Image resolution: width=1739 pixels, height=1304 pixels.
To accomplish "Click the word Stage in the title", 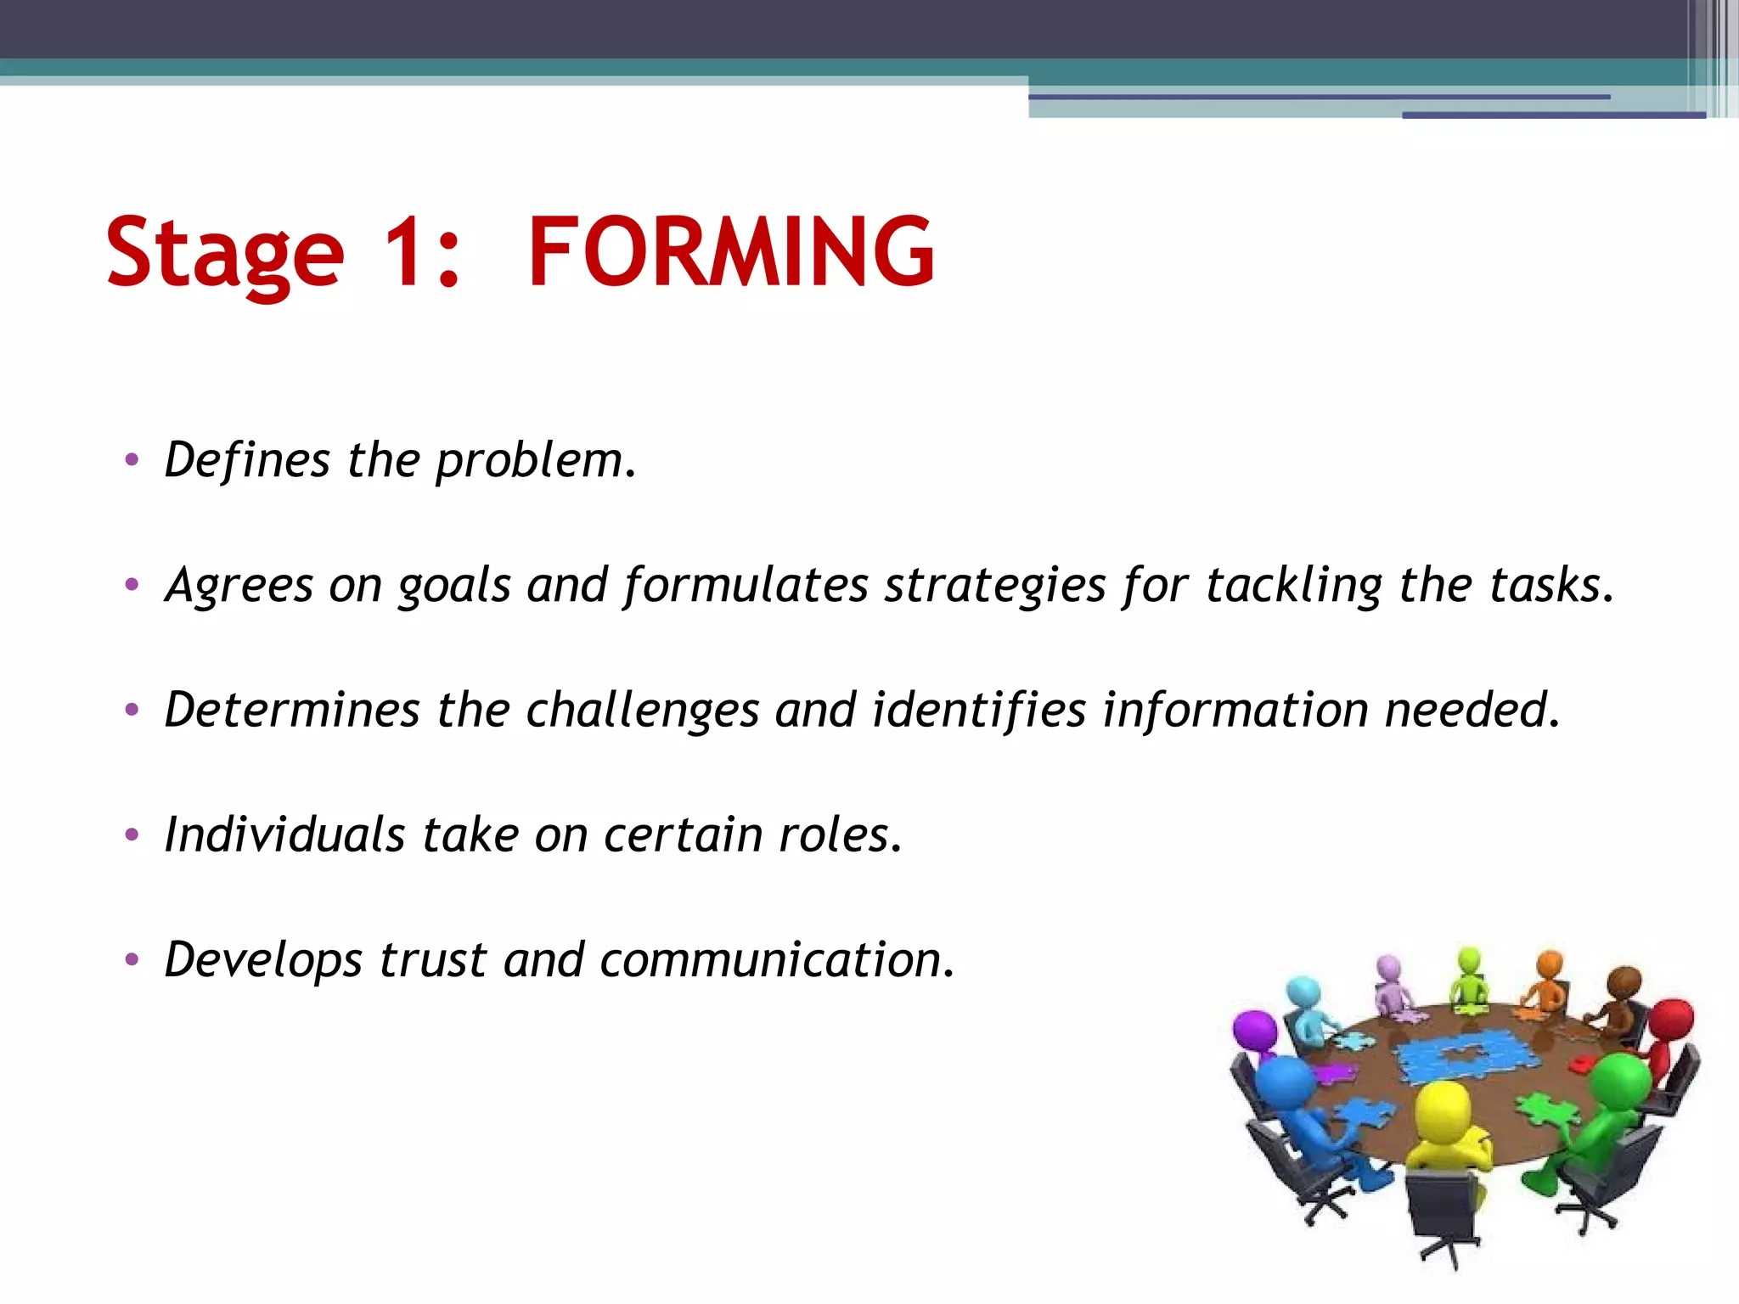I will pyautogui.click(x=224, y=253).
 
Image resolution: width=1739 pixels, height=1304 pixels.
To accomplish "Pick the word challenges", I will pyautogui.click(x=642, y=711).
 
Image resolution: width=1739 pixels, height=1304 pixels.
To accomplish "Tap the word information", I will pyautogui.click(x=1235, y=711).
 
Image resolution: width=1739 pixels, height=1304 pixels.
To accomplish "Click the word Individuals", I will pyautogui.click(x=284, y=834).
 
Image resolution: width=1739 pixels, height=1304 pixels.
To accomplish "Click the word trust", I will pyautogui.click(x=433, y=959).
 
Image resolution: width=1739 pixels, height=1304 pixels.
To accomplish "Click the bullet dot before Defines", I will pyautogui.click(x=131, y=461).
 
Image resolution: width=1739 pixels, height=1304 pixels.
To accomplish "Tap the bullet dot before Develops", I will pyautogui.click(x=131, y=960).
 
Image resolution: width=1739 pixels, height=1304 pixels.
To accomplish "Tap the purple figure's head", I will pyautogui.click(x=1254, y=1030).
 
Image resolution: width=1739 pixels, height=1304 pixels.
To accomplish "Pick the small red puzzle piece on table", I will pyautogui.click(x=1581, y=1062).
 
